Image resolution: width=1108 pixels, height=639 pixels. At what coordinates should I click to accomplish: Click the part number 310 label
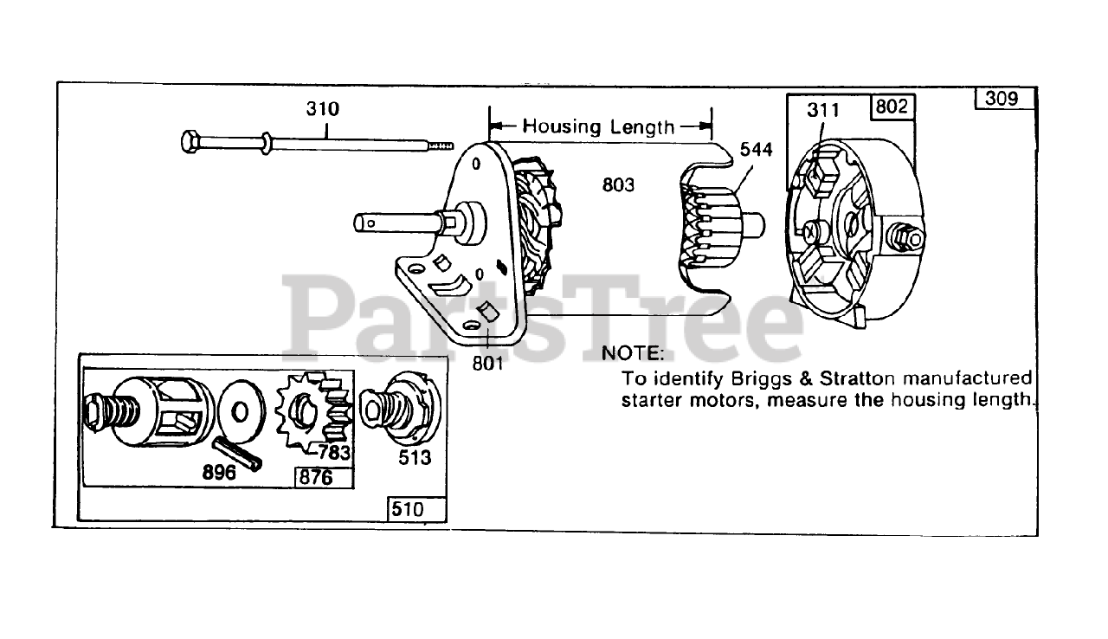point(322,110)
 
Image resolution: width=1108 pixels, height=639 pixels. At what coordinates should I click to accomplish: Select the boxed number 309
point(1002,98)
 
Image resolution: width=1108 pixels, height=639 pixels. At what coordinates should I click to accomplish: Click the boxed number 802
point(892,106)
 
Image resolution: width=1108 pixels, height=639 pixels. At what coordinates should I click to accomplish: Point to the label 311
point(823,110)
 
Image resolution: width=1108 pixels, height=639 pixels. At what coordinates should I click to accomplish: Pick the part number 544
point(755,149)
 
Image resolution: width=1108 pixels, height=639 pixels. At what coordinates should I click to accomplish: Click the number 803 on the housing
point(618,184)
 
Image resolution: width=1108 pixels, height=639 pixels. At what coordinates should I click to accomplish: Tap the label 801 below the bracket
point(487,363)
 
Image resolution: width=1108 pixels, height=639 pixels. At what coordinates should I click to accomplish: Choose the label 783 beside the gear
point(333,452)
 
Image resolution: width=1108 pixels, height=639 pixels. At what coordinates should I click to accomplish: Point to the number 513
point(414,457)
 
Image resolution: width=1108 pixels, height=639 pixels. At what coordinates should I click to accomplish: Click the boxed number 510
point(408,509)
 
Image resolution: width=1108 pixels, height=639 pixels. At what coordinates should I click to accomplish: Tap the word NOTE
point(633,353)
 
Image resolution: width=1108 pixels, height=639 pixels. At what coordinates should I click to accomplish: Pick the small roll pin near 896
point(235,452)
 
